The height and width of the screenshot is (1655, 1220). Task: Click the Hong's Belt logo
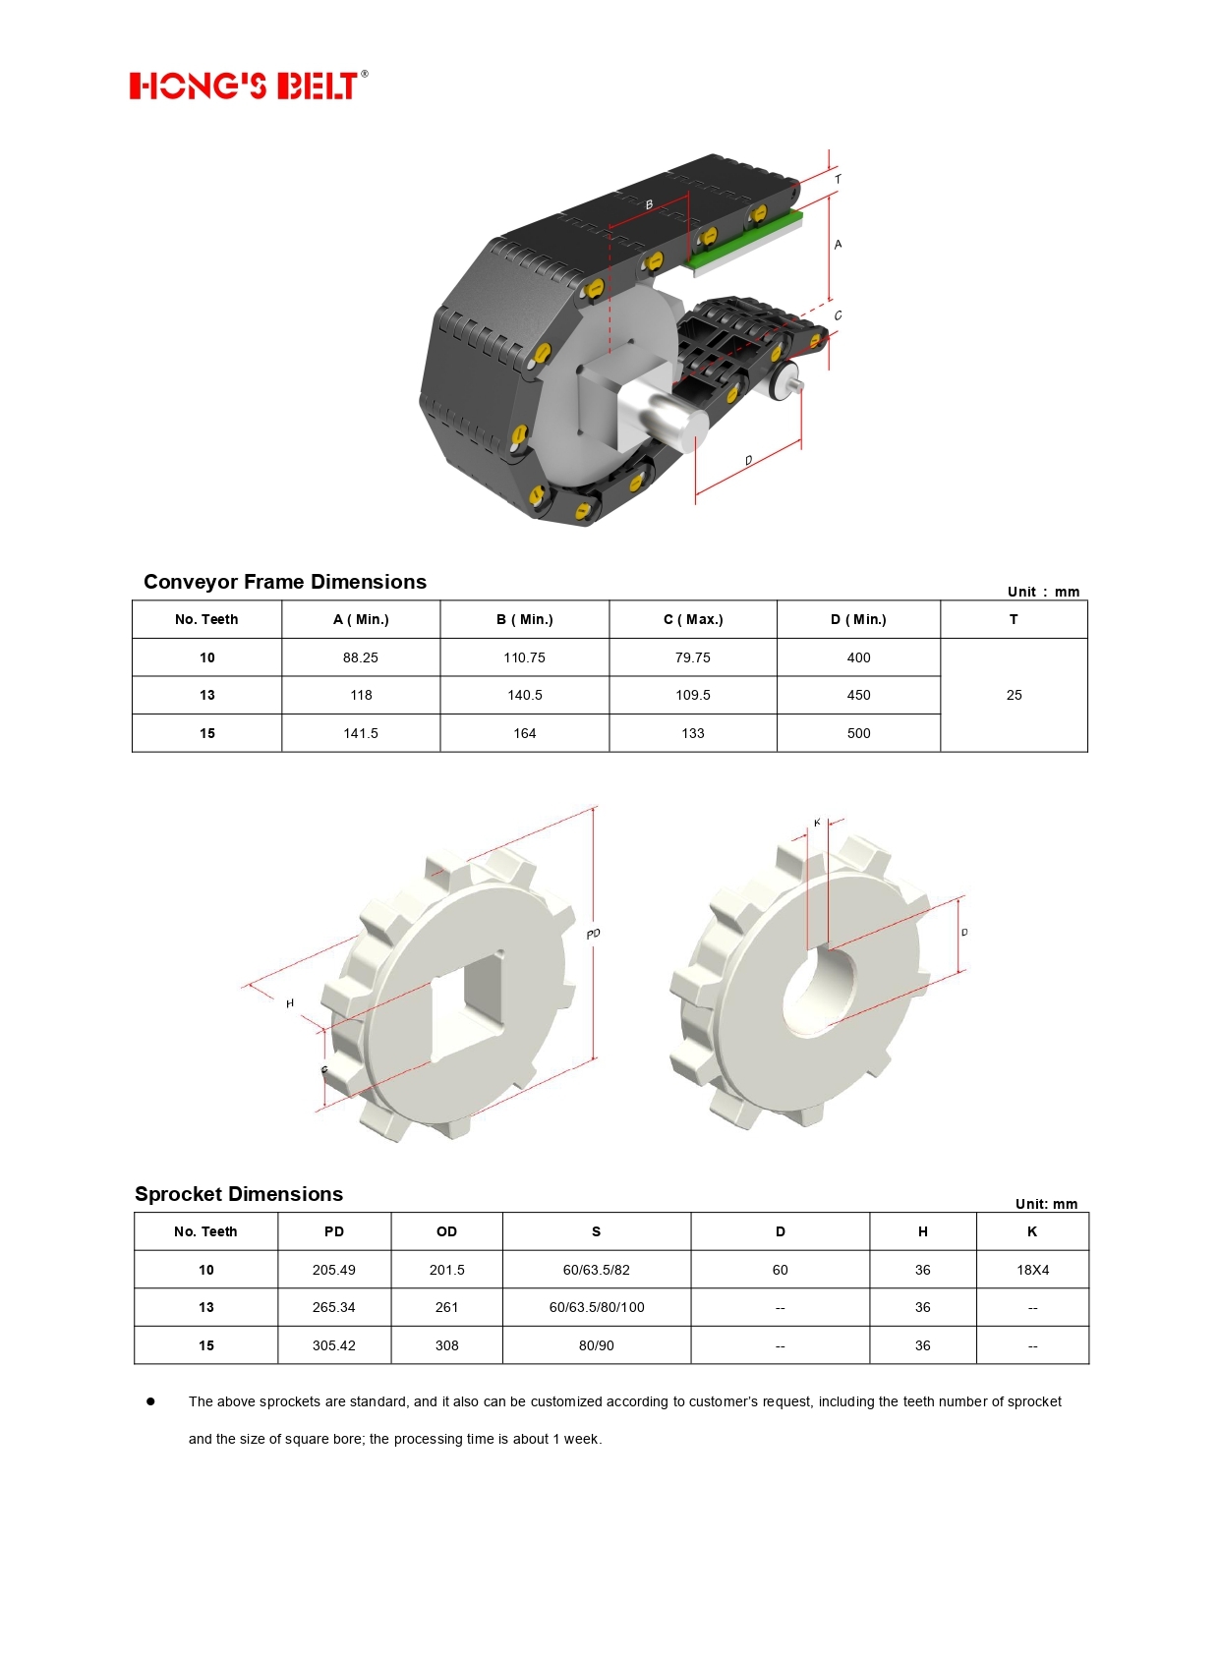coord(249,85)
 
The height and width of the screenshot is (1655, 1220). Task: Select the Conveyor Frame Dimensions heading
coord(284,582)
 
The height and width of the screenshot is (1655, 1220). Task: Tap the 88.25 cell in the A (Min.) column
coord(361,657)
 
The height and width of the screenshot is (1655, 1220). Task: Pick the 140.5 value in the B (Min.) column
coord(525,695)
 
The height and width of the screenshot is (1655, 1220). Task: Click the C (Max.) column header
coord(693,619)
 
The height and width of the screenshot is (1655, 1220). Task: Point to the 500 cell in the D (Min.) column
coord(858,733)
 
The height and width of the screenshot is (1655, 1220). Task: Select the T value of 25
coord(1014,695)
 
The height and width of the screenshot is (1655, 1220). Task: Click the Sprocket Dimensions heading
coord(239,1194)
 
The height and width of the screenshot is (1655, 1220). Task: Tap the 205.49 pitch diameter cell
coord(334,1270)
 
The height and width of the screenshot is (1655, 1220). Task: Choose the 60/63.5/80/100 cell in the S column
coord(597,1307)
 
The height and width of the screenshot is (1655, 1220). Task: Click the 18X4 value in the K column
coord(1032,1270)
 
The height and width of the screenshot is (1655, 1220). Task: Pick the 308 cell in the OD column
coord(447,1345)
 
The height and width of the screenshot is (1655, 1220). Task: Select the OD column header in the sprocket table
coord(447,1231)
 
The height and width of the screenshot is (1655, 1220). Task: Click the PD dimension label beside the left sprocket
coord(594,934)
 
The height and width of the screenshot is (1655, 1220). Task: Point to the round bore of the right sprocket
coord(819,993)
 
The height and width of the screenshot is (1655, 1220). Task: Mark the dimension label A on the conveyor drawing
coord(838,245)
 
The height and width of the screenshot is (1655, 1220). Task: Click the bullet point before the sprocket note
coord(150,1401)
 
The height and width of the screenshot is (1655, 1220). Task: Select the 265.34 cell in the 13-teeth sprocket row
coord(334,1307)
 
